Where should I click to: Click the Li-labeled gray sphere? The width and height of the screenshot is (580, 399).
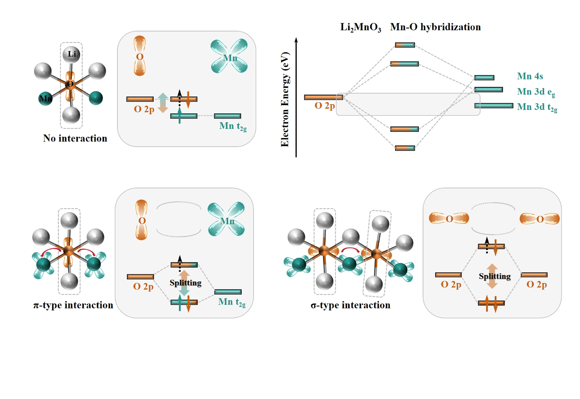[71, 54]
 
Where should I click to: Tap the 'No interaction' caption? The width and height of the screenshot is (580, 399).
[75, 138]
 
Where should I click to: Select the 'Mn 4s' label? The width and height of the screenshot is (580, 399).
[530, 76]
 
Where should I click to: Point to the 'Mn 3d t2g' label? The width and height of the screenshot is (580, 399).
[537, 107]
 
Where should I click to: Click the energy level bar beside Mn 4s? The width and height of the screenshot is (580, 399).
[484, 78]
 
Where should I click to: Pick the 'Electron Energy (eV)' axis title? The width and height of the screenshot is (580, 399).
[285, 100]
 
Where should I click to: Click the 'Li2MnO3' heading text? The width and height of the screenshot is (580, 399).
[361, 27]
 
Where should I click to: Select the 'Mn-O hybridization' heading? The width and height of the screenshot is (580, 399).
[435, 27]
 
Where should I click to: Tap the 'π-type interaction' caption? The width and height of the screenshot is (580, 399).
[73, 305]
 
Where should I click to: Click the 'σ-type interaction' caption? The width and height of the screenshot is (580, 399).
[350, 305]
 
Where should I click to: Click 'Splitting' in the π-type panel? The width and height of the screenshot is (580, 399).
[185, 283]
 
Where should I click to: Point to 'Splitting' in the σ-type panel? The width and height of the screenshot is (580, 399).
[495, 276]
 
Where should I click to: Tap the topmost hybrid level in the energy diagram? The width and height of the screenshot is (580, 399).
[405, 45]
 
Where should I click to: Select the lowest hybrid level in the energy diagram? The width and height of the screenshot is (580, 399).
[405, 148]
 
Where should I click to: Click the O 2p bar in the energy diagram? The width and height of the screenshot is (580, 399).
[324, 97]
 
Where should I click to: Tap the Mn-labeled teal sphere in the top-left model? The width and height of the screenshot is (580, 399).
[45, 98]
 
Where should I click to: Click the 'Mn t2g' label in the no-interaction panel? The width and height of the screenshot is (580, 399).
[233, 126]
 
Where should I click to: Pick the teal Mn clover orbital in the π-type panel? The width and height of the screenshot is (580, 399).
[226, 219]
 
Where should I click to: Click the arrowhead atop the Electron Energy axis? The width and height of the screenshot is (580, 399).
[296, 40]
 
